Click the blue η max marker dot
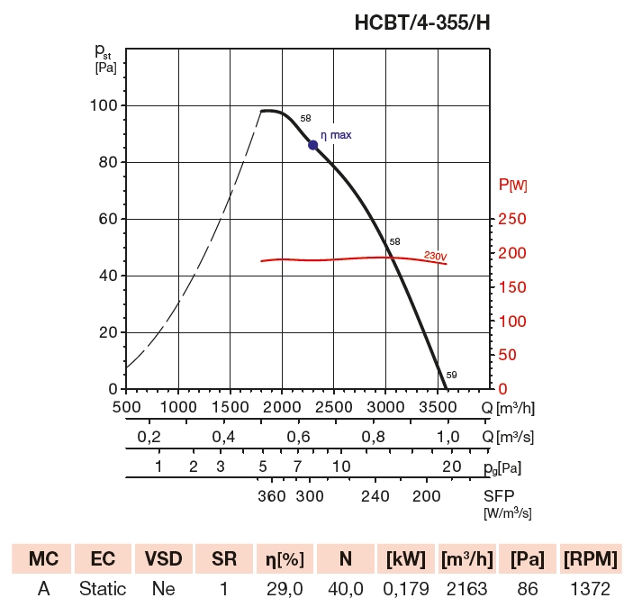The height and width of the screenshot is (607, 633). (313, 145)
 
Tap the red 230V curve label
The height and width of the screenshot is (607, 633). (436, 257)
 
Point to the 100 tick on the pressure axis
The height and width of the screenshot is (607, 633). (106, 105)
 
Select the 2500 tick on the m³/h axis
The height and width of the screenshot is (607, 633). (334, 407)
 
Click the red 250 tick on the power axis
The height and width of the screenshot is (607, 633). (512, 219)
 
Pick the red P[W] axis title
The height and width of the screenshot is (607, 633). (513, 186)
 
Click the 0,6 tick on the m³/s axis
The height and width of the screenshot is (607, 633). (299, 437)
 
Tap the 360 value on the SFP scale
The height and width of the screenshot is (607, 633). (271, 496)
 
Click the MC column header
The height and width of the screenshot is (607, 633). (43, 559)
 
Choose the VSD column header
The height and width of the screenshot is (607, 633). (164, 559)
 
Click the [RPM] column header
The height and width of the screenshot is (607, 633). (590, 559)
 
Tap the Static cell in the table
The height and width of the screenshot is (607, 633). (103, 589)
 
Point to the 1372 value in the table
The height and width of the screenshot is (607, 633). (590, 589)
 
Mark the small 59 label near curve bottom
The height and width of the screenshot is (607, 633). (452, 375)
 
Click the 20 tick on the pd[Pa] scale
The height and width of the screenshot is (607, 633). (452, 467)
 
